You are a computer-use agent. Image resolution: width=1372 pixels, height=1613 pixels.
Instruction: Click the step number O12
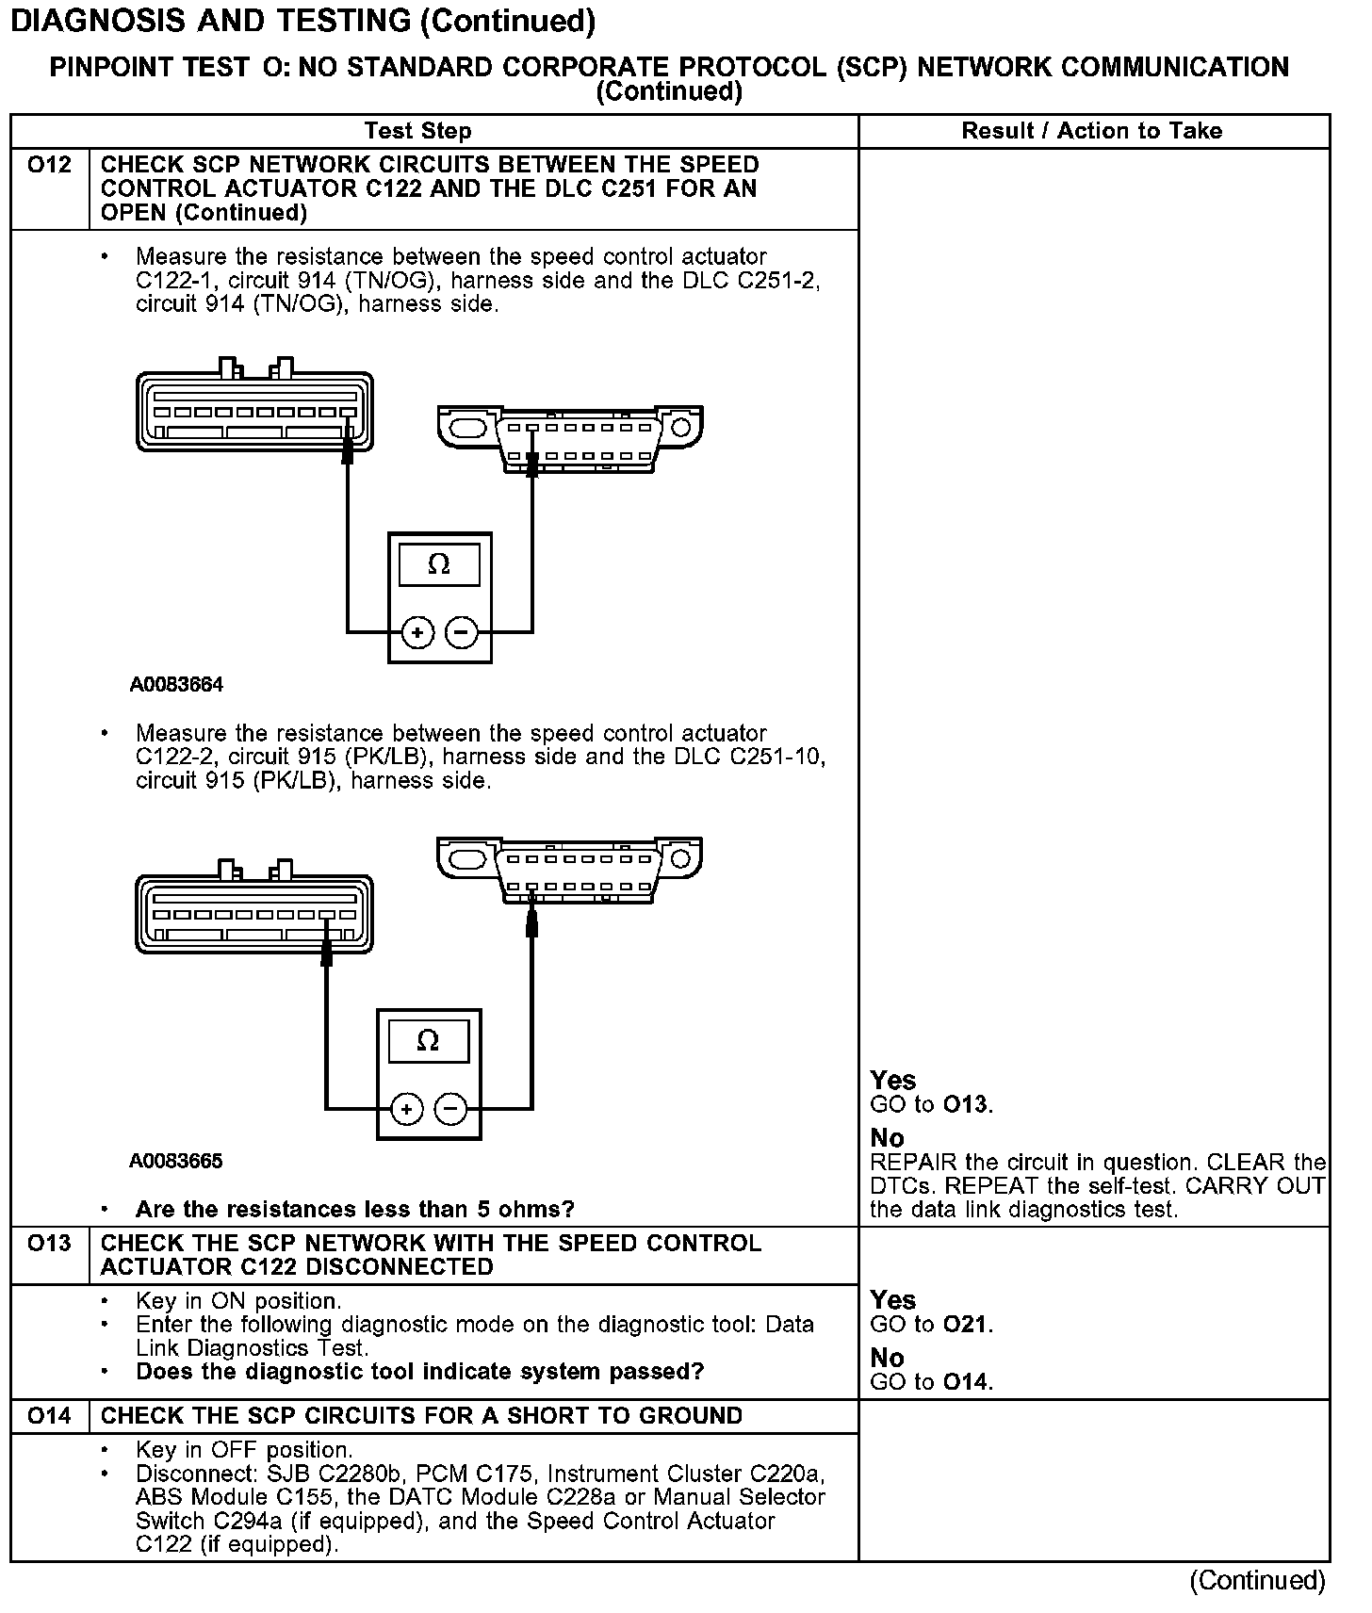point(49,166)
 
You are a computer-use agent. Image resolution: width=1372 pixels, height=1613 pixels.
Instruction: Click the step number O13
point(49,1244)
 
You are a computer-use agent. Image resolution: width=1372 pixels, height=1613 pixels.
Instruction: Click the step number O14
point(49,1416)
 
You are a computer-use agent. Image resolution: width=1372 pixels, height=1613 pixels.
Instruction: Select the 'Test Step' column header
point(417,131)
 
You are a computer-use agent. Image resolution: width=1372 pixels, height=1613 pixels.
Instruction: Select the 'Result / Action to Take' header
point(1091,131)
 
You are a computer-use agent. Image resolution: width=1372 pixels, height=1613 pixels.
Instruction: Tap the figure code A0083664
point(176,685)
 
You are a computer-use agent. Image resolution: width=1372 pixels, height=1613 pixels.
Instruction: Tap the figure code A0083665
point(176,1161)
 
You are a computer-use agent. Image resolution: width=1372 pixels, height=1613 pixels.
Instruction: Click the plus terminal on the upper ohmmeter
point(417,632)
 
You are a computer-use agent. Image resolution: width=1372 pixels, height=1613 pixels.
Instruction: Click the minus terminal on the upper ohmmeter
point(461,632)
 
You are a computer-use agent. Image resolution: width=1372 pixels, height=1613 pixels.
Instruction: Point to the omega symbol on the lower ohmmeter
point(428,1041)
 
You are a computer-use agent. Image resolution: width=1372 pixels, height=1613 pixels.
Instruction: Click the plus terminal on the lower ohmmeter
point(406,1109)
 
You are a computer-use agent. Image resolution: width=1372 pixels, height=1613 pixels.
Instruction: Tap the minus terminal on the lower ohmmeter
point(450,1109)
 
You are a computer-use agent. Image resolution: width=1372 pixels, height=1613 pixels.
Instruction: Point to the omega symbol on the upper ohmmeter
point(439,564)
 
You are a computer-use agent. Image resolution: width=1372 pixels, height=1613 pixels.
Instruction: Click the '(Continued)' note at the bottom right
point(1257,1581)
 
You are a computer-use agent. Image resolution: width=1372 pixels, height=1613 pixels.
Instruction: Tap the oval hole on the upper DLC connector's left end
point(468,429)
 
